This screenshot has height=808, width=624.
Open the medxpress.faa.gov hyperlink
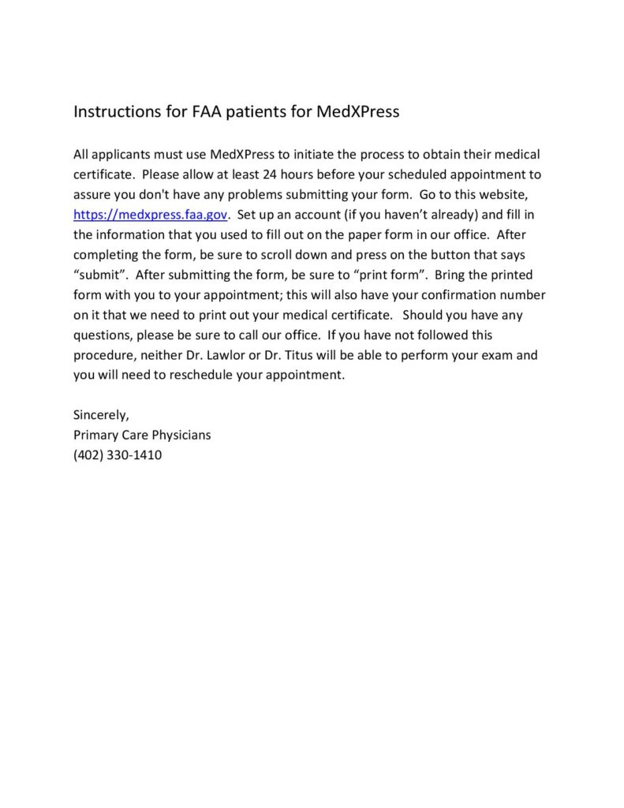[151, 215]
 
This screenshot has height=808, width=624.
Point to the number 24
[271, 174]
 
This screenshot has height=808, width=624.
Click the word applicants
[123, 155]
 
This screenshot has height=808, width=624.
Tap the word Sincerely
[101, 416]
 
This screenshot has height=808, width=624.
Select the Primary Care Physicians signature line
[142, 436]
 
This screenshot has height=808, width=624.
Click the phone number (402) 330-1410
[118, 456]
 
